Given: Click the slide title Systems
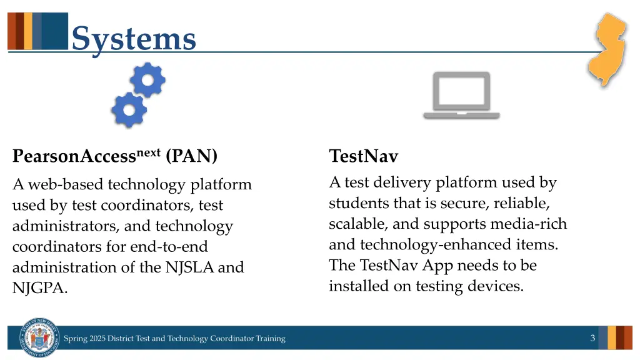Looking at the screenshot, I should pyautogui.click(x=133, y=39).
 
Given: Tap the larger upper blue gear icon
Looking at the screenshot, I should pyautogui.click(x=147, y=79).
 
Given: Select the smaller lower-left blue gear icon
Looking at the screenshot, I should pyautogui.click(x=128, y=110).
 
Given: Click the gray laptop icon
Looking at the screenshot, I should pyautogui.click(x=461, y=96).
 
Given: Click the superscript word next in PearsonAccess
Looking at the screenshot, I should pyautogui.click(x=149, y=152).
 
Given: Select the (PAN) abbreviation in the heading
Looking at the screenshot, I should pyautogui.click(x=192, y=156).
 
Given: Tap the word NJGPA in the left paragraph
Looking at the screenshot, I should pyautogui.click(x=40, y=288).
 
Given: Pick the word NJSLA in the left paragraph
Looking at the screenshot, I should pyautogui.click(x=189, y=267).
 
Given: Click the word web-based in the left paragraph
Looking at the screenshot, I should pyautogui.click(x=66, y=185).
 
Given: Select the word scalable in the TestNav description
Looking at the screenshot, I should pyautogui.click(x=358, y=224).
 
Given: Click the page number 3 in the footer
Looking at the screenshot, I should pyautogui.click(x=592, y=338).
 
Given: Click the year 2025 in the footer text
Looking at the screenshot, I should pyautogui.click(x=97, y=339).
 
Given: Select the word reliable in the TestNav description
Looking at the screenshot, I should pyautogui.click(x=522, y=203).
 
